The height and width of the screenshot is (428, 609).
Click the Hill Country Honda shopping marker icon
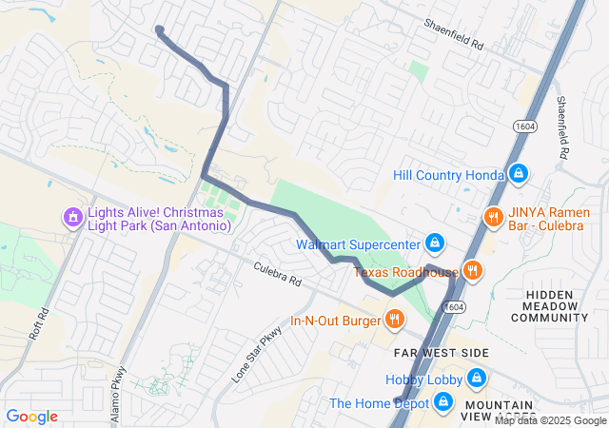(519, 175)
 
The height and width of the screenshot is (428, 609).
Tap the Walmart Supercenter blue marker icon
(435, 243)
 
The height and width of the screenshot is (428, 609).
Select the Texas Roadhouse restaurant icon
(473, 272)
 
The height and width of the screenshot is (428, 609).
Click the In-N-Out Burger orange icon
(393, 319)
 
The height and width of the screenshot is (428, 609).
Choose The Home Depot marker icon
(442, 403)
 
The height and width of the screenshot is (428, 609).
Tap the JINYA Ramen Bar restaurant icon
(492, 217)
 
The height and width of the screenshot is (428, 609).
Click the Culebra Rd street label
(277, 276)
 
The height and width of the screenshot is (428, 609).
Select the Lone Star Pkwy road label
(258, 355)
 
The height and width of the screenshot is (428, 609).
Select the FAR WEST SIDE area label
(441, 353)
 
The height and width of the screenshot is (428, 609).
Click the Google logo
(31, 417)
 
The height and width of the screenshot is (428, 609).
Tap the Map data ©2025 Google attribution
(561, 421)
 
